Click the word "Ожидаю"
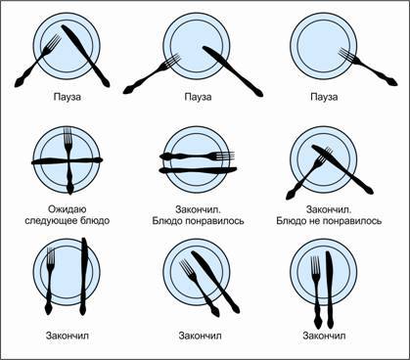point(68,209)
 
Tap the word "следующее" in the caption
point(51,221)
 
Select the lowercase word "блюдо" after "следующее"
point(94,220)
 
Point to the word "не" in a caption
point(316,221)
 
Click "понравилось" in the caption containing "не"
point(352,221)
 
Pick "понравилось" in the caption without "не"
point(215,221)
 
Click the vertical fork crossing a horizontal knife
point(68,160)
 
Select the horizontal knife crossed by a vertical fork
point(68,160)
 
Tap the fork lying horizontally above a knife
point(197,157)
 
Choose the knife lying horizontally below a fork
point(198,170)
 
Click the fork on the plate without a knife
point(368,67)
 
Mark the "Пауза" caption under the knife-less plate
point(324,97)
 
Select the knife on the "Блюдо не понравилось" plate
point(342,169)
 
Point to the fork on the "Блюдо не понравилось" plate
point(309,173)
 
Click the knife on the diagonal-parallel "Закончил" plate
point(215,282)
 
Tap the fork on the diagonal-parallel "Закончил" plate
point(200,288)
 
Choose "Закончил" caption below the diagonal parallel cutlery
point(200,336)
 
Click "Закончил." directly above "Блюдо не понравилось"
point(329,209)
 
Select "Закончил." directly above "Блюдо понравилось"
point(198,209)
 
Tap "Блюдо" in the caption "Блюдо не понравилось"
point(293,221)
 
